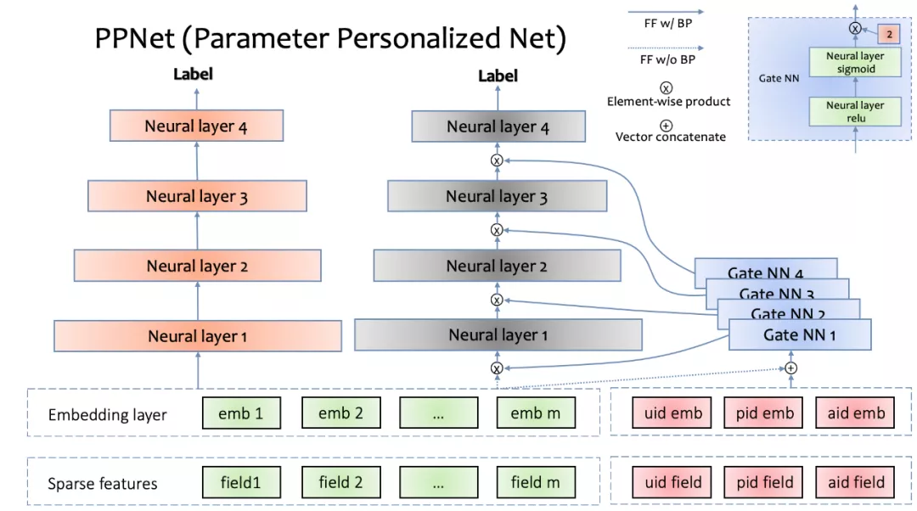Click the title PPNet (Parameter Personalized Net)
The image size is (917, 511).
tap(329, 39)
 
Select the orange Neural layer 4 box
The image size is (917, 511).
tap(196, 126)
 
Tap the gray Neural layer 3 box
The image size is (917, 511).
tap(497, 196)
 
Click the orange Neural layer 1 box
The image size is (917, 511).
tap(197, 336)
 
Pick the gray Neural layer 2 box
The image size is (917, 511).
tap(497, 267)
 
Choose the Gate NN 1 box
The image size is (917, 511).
tap(799, 334)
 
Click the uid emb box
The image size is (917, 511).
tap(672, 413)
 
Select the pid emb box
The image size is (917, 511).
tap(764, 413)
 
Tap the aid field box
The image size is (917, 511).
tap(856, 483)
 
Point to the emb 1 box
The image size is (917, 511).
tap(240, 413)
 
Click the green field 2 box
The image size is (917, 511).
tap(340, 483)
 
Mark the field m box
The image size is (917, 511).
tap(536, 483)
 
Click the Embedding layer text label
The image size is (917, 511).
tap(108, 415)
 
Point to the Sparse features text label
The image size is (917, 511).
tap(103, 484)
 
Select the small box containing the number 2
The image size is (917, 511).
tap(888, 35)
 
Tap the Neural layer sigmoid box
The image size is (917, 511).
tap(855, 63)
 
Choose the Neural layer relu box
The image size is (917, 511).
tap(855, 112)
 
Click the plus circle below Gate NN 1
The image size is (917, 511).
tap(790, 368)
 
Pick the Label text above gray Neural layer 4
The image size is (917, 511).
tap(498, 76)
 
